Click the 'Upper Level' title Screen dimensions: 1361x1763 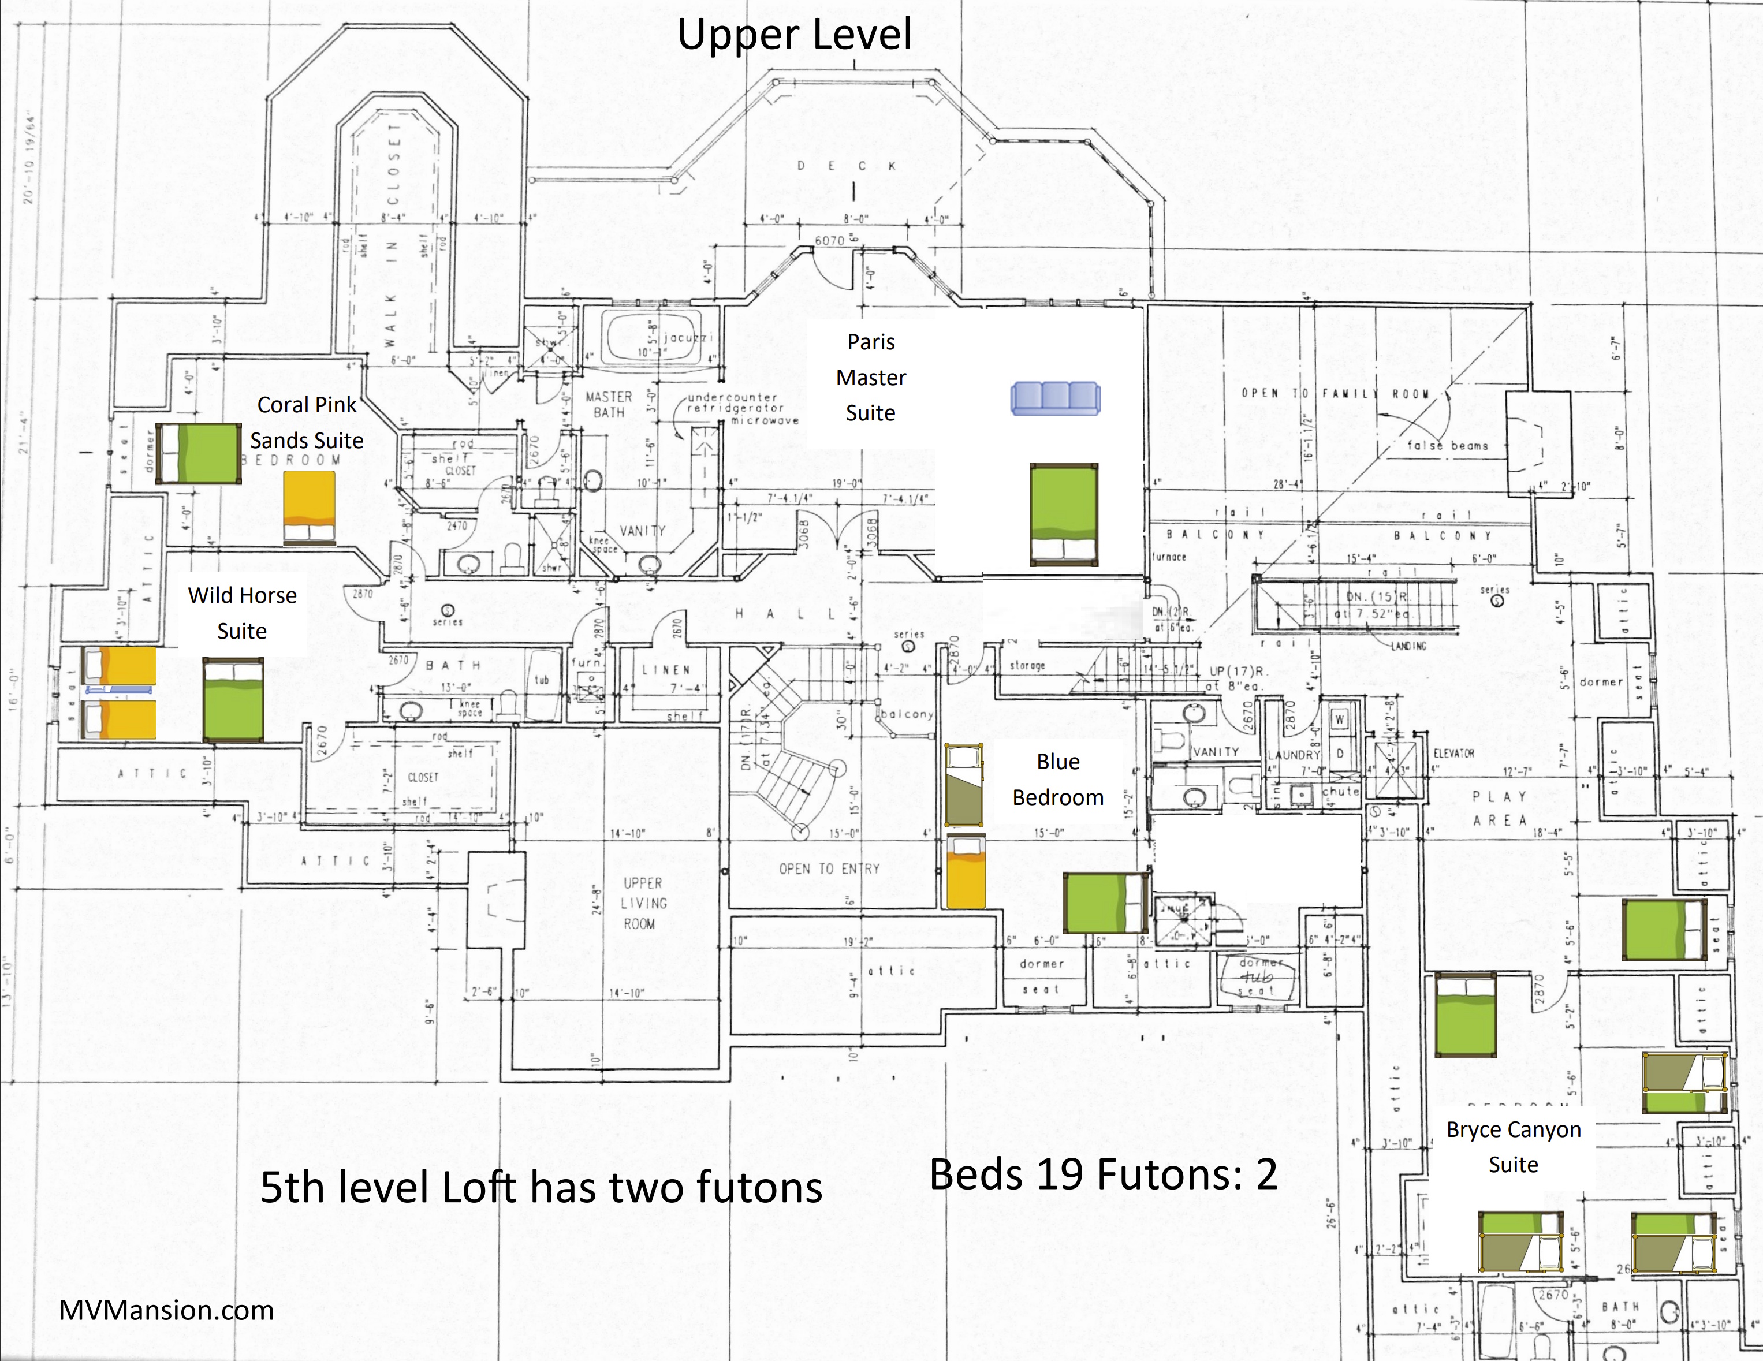pyautogui.click(x=795, y=36)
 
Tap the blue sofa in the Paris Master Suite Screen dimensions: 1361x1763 pyautogui.click(x=1055, y=398)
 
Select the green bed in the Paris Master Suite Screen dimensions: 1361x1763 pyautogui.click(x=1064, y=514)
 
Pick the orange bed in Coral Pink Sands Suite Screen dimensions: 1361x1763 pyautogui.click(x=309, y=508)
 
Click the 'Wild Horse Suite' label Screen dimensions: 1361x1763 pyautogui.click(x=242, y=613)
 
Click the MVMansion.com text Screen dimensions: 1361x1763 pyautogui.click(x=166, y=1310)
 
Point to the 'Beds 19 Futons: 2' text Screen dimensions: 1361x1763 pyautogui.click(x=1103, y=1174)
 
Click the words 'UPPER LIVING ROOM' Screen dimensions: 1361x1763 pyautogui.click(x=643, y=903)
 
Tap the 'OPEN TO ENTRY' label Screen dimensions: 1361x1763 pyautogui.click(x=829, y=868)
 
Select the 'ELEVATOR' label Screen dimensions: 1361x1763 pyautogui.click(x=1454, y=753)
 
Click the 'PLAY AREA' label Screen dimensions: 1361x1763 pyautogui.click(x=1500, y=808)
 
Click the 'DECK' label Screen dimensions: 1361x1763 pyautogui.click(x=847, y=166)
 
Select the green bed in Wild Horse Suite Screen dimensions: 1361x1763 pyautogui.click(x=233, y=699)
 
